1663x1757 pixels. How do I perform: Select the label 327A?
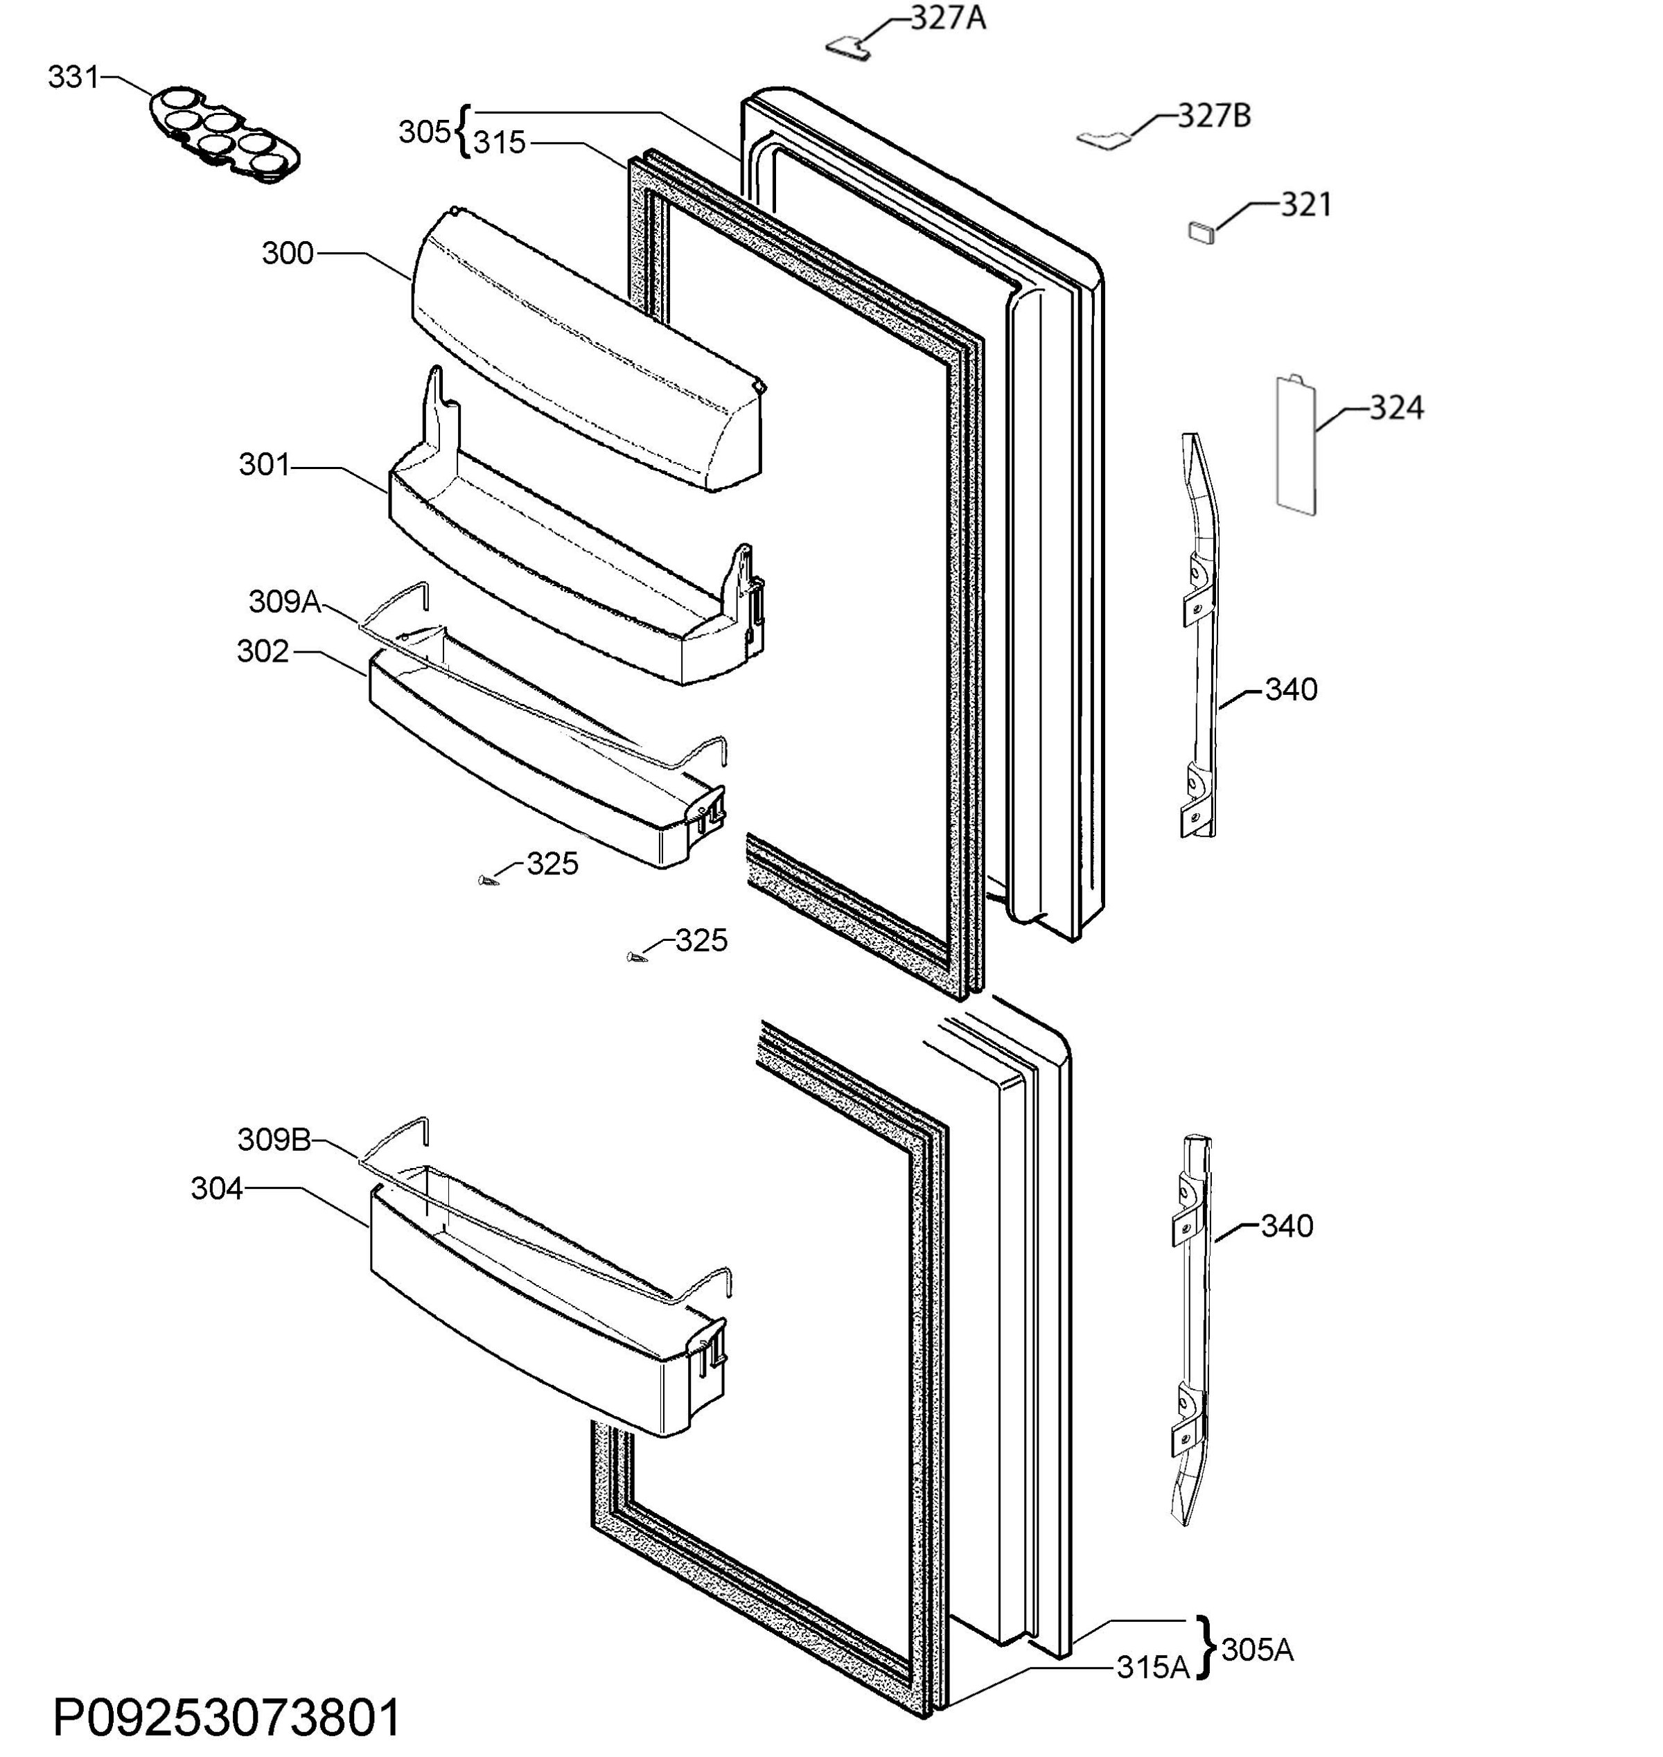coord(949,18)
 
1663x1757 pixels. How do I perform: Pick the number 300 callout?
coord(287,254)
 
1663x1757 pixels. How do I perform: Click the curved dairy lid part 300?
coord(587,350)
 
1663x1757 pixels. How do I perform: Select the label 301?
coord(264,464)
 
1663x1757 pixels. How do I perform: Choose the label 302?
coord(263,651)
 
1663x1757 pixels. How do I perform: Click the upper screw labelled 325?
coord(486,881)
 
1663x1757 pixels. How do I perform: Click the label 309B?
coord(274,1139)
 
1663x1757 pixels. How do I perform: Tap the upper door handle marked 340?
coord(1199,635)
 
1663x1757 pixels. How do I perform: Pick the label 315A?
coord(1152,1668)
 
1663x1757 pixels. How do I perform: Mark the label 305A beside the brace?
coord(1257,1650)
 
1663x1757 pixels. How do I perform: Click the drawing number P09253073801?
coord(227,1718)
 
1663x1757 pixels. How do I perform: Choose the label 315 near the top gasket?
coord(499,143)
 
